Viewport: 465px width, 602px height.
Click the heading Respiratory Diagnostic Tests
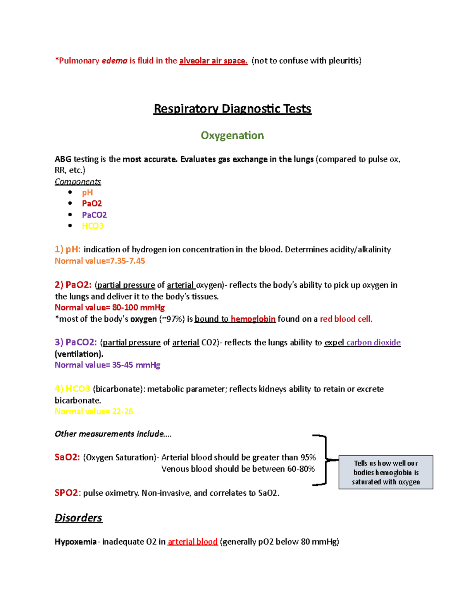click(x=232, y=109)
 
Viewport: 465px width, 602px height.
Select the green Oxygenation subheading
click(x=232, y=135)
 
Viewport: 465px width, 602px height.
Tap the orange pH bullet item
click(x=87, y=193)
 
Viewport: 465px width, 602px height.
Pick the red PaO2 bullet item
click(x=92, y=204)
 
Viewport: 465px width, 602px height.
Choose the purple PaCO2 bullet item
click(x=94, y=215)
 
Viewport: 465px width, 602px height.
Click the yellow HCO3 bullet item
click(x=93, y=226)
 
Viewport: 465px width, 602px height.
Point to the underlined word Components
click(x=77, y=181)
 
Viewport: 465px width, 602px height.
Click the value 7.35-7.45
click(x=127, y=261)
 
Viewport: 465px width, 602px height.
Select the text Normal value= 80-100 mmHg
click(x=110, y=307)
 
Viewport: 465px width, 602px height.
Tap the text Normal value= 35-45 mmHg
click(x=107, y=365)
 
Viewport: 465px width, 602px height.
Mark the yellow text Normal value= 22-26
click(x=94, y=411)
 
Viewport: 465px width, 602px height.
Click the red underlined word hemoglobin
click(x=253, y=319)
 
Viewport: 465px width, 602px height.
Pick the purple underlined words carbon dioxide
click(x=374, y=342)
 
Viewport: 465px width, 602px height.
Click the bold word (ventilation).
click(x=79, y=354)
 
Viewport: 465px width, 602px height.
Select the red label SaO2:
click(x=67, y=457)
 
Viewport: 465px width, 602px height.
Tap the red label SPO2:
click(x=68, y=493)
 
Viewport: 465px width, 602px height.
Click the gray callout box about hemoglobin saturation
click(x=386, y=472)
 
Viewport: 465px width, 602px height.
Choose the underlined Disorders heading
click(x=78, y=518)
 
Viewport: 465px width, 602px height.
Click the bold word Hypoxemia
click(x=76, y=542)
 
